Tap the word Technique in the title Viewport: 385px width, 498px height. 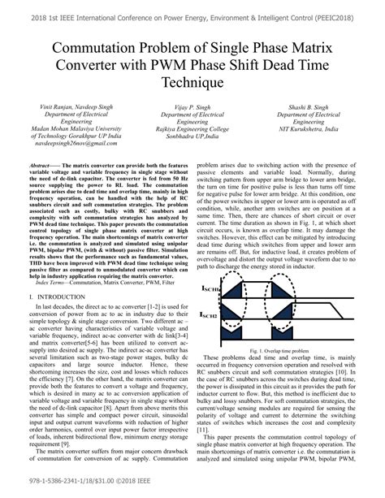coord(192,82)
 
